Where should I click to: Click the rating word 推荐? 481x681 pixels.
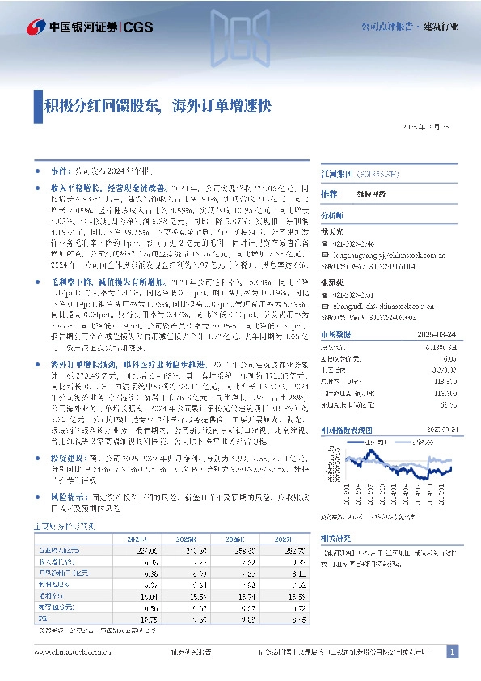click(x=328, y=195)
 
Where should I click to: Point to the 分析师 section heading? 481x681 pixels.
click(x=332, y=217)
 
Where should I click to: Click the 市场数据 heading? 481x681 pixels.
click(x=335, y=334)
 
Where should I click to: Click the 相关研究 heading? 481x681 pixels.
click(x=335, y=538)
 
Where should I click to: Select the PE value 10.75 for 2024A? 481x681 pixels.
click(x=146, y=619)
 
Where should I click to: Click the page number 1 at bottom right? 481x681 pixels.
click(x=453, y=652)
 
